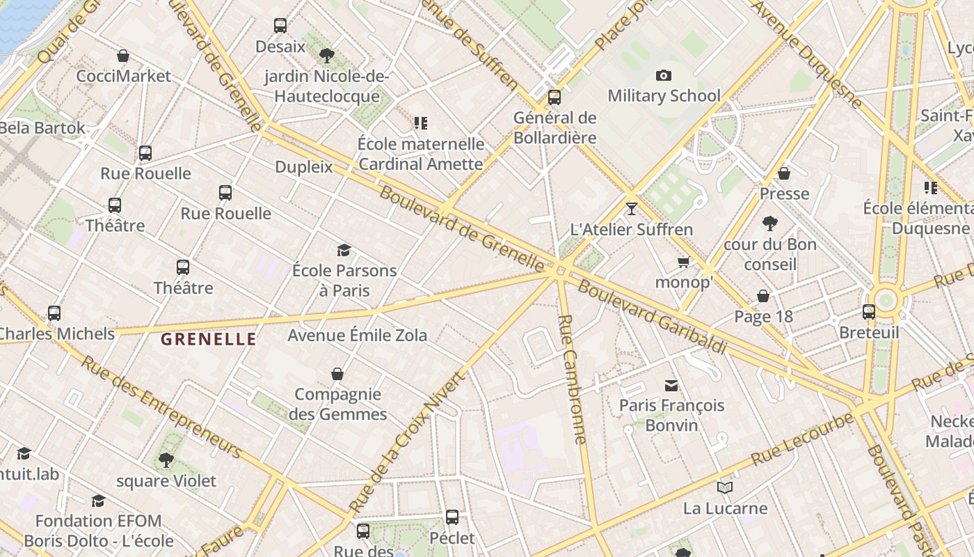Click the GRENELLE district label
[209, 340]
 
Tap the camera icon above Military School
[664, 75]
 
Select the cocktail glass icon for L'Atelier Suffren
[631, 208]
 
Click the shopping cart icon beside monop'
[683, 262]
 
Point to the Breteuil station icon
[869, 311]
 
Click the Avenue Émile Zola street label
[358, 335]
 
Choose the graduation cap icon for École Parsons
[344, 250]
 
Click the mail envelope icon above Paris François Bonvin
[671, 385]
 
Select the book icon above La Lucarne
[725, 487]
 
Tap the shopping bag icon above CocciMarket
[123, 56]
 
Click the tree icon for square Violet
[166, 460]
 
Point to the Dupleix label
[304, 167]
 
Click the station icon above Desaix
[280, 26]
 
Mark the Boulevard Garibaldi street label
[652, 317]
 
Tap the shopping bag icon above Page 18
[763, 296]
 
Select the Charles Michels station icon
[54, 313]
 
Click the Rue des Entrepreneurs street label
[161, 407]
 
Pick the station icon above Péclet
[452, 517]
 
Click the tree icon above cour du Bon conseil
[769, 223]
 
